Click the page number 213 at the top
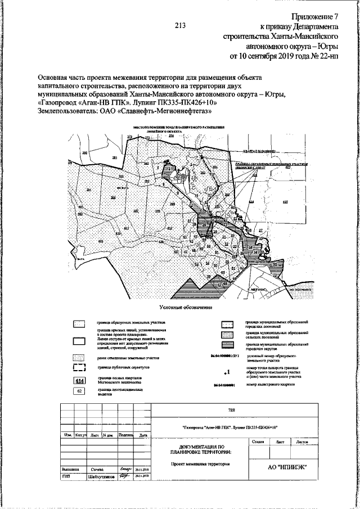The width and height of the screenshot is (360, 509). pos(180,25)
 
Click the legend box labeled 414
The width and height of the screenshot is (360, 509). pos(79,381)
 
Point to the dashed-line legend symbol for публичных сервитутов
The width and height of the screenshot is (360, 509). pos(79,368)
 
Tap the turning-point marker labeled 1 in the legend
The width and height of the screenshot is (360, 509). pos(226,372)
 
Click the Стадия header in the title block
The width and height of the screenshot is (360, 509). pos(258,443)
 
